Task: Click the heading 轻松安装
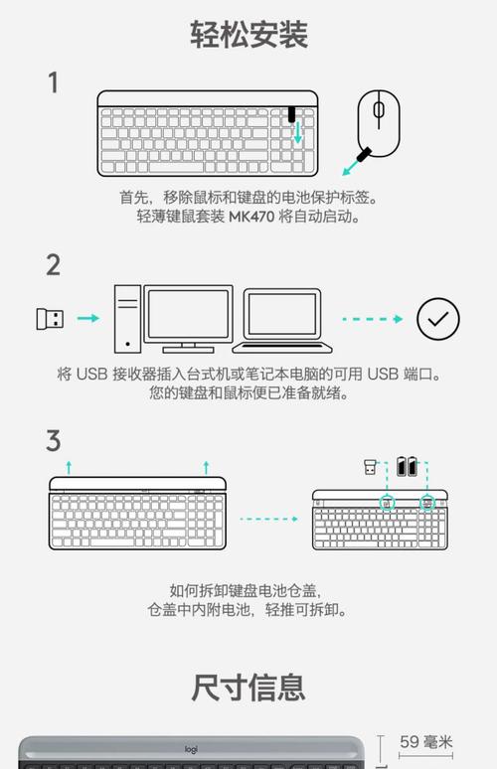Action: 249,34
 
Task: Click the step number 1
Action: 54,82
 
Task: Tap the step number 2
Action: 54,264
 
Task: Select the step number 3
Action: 54,440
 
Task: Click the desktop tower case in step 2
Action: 127,318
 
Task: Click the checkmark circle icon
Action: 437,319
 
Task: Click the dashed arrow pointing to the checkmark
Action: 372,319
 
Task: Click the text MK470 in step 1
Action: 252,216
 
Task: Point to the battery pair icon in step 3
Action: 408,465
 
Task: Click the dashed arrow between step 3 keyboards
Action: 268,518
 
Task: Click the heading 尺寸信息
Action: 248,687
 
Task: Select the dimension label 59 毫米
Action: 425,742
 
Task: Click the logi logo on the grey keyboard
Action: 192,749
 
